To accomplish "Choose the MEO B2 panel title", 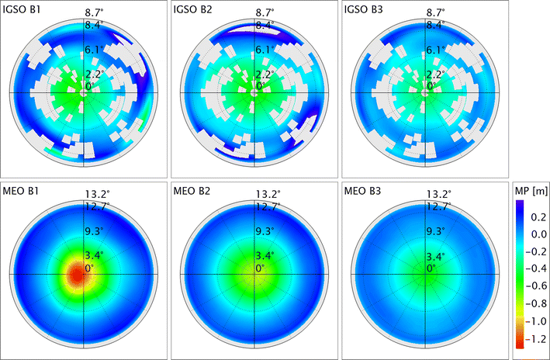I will tap(195, 192).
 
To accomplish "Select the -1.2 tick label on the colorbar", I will tap(532, 339).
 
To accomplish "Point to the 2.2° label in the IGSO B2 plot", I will tap(268, 75).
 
